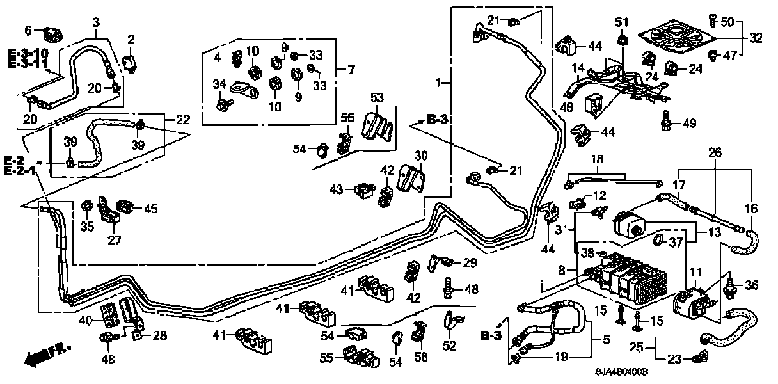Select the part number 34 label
click(x=219, y=84)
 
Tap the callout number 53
click(x=377, y=97)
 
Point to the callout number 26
click(x=715, y=152)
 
